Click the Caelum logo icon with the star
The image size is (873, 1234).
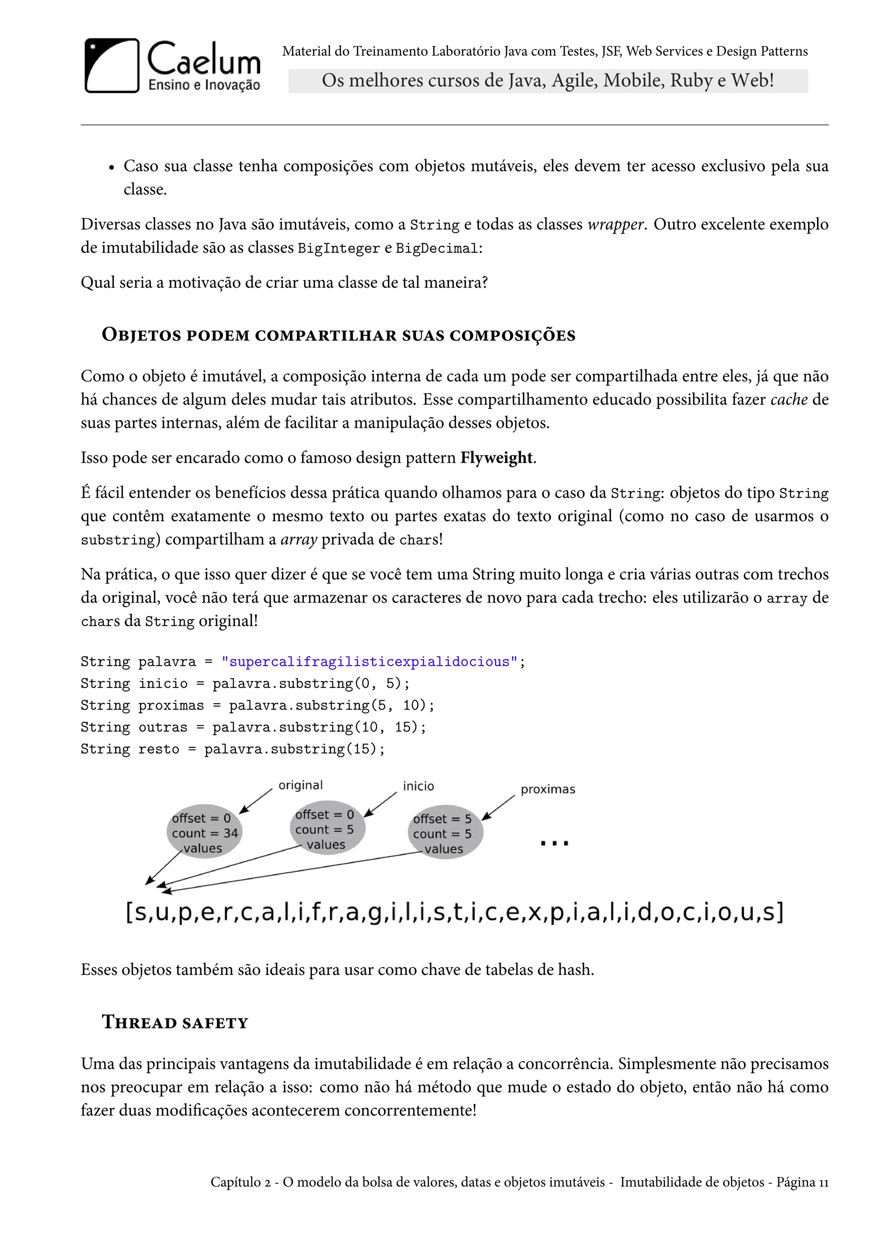coord(112,66)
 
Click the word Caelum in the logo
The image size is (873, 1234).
coord(203,59)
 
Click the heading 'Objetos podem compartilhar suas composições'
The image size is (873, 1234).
coord(338,335)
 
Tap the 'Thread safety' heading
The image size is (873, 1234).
coord(175,1022)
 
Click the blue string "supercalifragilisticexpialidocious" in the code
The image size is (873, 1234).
coord(369,662)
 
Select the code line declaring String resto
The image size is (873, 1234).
coord(233,749)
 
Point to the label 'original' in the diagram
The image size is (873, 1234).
coord(301,785)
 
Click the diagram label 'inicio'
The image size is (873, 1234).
coord(418,786)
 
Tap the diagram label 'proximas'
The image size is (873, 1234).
coord(547,790)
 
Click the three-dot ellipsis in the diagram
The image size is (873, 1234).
coord(554,843)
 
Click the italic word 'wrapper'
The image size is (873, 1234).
coord(615,224)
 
